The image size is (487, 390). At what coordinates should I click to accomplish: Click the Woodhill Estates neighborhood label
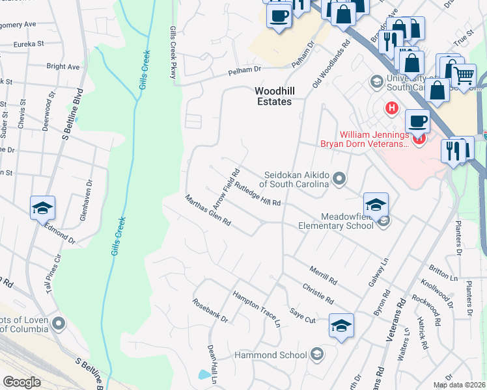(272, 97)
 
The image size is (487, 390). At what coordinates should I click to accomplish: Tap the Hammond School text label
(271, 355)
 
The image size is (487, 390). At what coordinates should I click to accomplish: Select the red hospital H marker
(391, 108)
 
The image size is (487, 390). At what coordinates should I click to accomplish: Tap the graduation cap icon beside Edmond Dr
(43, 208)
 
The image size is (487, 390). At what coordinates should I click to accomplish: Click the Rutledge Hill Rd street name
(258, 194)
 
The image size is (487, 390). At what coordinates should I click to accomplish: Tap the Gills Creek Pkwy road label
(174, 54)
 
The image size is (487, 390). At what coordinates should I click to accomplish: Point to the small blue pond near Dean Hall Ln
(205, 375)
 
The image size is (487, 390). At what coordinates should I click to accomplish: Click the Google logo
(21, 382)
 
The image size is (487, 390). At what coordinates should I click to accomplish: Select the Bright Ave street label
(63, 66)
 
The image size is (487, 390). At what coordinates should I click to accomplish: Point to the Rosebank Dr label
(210, 311)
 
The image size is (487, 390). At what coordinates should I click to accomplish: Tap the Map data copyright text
(459, 385)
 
